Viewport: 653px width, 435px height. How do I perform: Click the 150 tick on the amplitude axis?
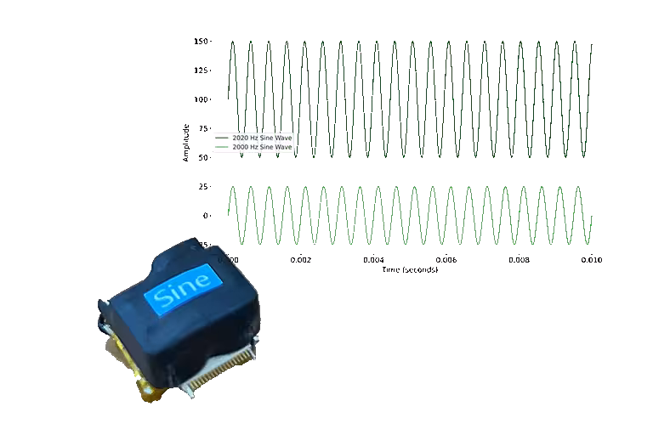pos(202,41)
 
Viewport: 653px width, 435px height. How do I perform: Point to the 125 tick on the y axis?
pos(202,70)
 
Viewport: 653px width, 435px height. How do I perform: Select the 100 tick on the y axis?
pos(202,99)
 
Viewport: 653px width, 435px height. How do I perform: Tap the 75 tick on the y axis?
pos(204,128)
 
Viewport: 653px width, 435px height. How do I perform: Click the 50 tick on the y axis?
pos(204,157)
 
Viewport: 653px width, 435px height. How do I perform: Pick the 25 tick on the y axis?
pos(204,186)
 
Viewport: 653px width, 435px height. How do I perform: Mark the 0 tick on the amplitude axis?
pos(207,216)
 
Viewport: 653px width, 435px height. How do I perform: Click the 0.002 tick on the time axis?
pos(300,261)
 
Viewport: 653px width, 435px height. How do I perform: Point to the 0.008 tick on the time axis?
pos(519,261)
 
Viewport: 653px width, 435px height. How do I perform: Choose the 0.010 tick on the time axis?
pos(592,261)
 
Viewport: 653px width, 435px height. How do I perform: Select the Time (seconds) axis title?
pos(410,269)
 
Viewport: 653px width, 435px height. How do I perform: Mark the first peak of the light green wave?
pos(233,187)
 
